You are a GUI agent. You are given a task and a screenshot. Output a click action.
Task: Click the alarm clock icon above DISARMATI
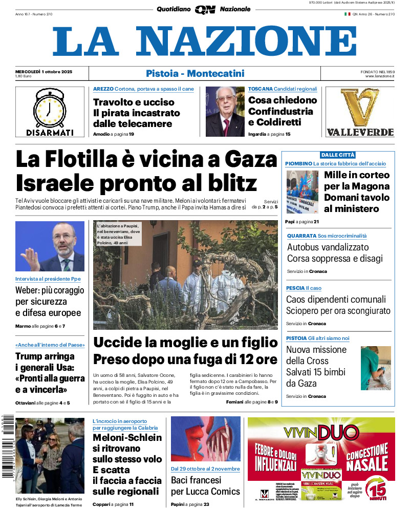(x=50, y=108)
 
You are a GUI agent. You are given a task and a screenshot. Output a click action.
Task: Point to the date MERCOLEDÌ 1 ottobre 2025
(x=44, y=71)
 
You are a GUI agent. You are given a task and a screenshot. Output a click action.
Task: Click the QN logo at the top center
(x=205, y=10)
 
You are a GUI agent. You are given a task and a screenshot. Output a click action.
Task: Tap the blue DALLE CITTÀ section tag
(x=337, y=155)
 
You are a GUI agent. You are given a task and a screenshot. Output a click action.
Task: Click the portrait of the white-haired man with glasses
(x=225, y=112)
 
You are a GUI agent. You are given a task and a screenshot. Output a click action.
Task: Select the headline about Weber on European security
(x=49, y=302)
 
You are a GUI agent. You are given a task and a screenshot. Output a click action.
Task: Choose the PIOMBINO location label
(x=298, y=163)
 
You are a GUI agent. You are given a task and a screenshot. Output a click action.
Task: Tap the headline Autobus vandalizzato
(x=328, y=247)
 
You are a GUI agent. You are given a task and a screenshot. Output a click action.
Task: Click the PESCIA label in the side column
(x=295, y=288)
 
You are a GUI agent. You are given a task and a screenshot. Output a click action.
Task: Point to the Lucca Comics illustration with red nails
(x=205, y=439)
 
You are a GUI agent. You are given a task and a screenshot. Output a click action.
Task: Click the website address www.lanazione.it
(x=380, y=76)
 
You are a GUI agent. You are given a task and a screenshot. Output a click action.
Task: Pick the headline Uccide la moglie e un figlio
(x=185, y=343)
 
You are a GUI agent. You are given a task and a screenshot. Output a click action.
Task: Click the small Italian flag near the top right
(x=347, y=14)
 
